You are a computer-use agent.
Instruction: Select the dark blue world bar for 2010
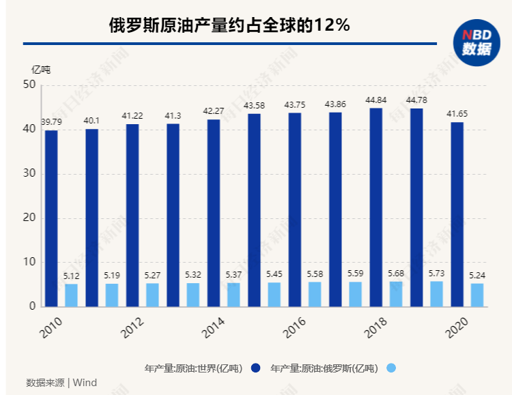click(51, 218)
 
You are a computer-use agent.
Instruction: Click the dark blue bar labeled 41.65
click(457, 214)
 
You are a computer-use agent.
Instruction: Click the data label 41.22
click(132, 116)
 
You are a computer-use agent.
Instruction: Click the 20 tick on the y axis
click(29, 218)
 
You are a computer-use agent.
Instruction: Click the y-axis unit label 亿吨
click(41, 68)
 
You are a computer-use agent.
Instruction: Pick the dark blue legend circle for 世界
click(256, 368)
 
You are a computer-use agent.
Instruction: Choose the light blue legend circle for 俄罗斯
click(390, 368)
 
